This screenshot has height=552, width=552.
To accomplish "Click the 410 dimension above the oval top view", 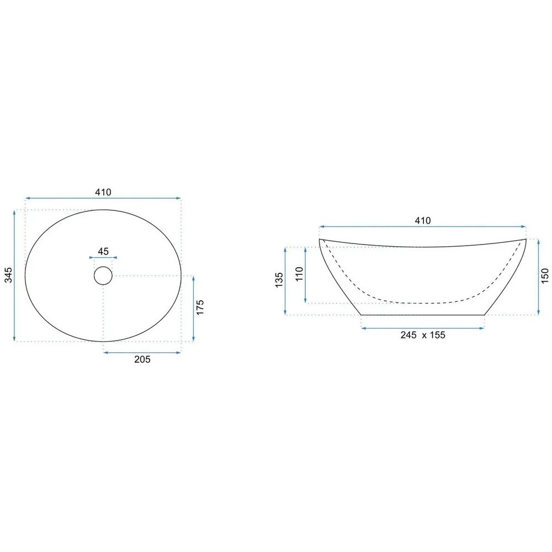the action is pos(103,192).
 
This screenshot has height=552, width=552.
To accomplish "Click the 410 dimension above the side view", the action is pos(422,221).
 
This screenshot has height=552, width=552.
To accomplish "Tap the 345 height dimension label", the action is pos(8,275).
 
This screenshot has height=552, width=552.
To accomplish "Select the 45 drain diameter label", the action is pos(103,251).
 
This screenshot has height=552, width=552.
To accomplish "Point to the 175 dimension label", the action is pos(200,307).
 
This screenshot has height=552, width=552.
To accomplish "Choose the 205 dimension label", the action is pos(142,359).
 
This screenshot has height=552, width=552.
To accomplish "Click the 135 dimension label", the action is pos(279,280).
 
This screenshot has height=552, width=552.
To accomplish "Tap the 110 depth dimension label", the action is pos(299,274).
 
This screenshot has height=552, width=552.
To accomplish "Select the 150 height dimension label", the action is pos(545,275).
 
